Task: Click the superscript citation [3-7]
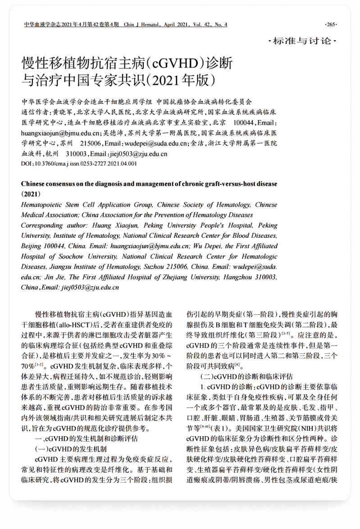pos(286,334)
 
